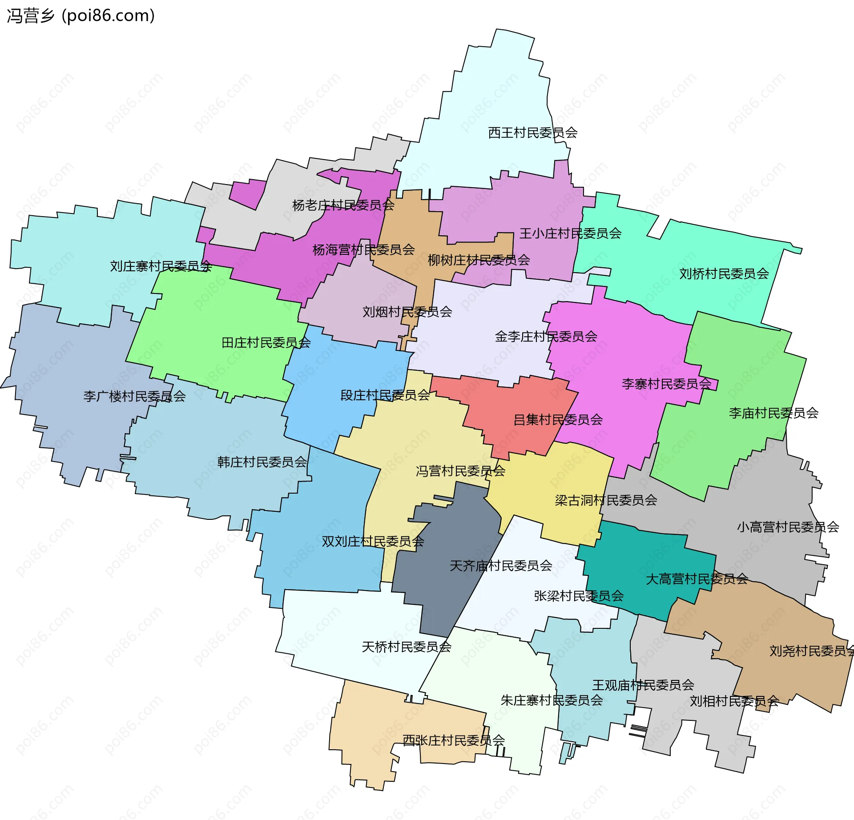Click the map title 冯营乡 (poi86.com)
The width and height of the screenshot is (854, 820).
coord(81,16)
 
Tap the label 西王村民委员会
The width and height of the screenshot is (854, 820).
coord(532,133)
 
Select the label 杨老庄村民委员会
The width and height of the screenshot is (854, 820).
coord(343,205)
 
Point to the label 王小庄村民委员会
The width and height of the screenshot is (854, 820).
coord(570,233)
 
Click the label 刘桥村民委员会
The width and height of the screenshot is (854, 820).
coord(724,273)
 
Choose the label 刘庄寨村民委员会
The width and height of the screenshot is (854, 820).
coord(161,266)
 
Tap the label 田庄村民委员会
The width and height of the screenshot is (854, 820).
coord(266,342)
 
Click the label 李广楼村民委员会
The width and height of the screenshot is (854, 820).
coord(134,396)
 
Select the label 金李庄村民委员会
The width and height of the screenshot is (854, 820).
coord(546,336)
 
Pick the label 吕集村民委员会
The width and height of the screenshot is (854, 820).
coord(558,419)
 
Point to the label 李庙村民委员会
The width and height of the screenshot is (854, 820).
coord(773,413)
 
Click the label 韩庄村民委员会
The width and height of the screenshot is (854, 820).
coord(262,462)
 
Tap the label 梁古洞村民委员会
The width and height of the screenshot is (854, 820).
coord(606,500)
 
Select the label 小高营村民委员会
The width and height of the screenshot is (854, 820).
coord(788,527)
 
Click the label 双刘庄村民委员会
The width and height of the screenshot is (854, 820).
coord(373,541)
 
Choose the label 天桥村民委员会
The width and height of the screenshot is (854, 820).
coord(407,647)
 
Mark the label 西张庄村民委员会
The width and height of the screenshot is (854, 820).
coord(453,740)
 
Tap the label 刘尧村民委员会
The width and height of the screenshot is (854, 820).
coord(810,651)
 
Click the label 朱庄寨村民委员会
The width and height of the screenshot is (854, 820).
coord(552,700)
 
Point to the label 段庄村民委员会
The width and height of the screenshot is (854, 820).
coord(385,395)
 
